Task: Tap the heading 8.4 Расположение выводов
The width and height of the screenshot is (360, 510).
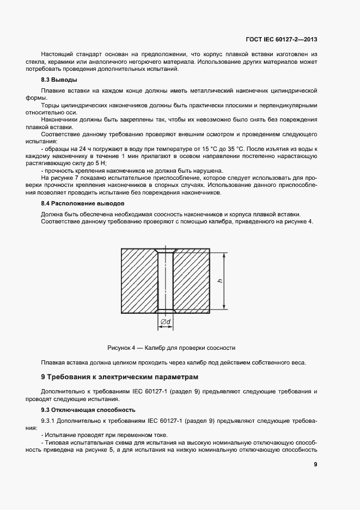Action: coord(79,203)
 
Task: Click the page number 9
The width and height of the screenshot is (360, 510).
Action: coord(316,465)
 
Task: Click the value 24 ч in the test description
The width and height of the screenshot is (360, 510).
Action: coord(84,149)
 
